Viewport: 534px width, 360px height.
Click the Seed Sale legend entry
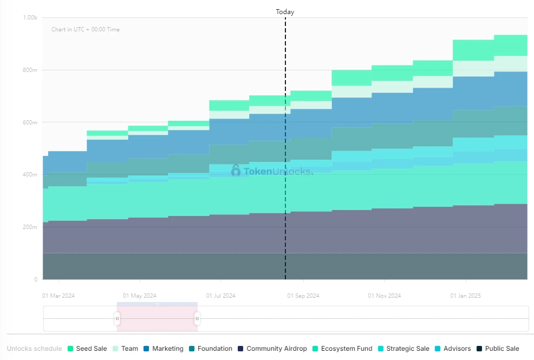[87, 349]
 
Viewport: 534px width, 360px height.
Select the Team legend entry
[125, 349]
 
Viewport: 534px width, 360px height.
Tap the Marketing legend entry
[163, 349]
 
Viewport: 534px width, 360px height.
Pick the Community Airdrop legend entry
[272, 349]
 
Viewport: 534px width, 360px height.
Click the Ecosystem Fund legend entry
[342, 349]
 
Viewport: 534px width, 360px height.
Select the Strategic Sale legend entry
[403, 349]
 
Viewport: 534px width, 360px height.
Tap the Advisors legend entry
[452, 349]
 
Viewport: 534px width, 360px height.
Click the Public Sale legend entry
[497, 349]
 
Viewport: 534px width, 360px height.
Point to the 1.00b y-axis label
[30, 18]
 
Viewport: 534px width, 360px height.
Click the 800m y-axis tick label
[30, 70]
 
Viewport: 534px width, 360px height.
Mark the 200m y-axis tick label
[30, 227]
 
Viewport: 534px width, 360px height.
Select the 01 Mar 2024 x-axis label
[58, 296]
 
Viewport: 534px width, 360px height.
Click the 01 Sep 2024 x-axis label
[303, 296]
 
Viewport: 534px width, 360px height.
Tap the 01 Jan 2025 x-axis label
[466, 296]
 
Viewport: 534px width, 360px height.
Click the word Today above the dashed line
[285, 11]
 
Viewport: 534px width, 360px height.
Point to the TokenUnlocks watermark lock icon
[236, 171]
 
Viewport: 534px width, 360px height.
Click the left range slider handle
[118, 319]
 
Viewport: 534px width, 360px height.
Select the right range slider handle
[197, 319]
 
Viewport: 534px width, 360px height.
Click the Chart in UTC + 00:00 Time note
[86, 29]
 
